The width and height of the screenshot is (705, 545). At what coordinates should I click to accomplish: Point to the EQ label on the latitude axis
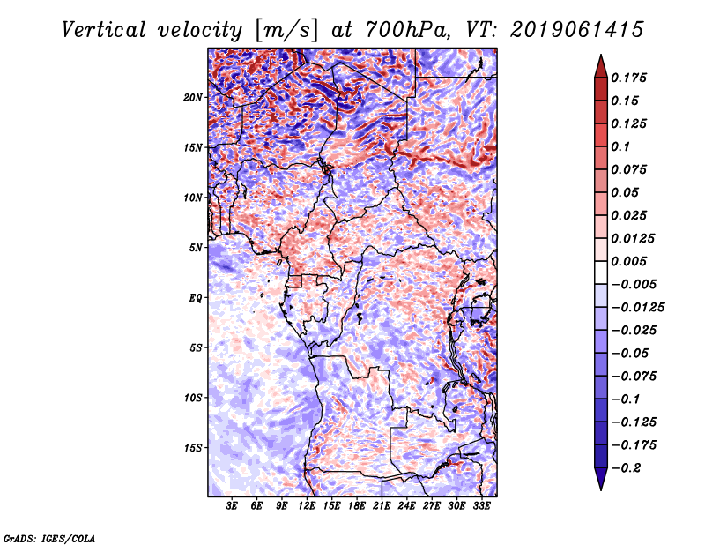(196, 298)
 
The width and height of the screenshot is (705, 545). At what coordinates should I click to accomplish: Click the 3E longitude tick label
(233, 507)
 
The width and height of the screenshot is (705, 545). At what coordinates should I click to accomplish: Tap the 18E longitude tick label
(356, 507)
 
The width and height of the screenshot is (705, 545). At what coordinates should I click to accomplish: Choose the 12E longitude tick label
(307, 507)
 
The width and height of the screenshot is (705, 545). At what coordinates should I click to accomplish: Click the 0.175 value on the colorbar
(631, 78)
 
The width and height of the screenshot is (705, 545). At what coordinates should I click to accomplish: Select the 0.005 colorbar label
(631, 261)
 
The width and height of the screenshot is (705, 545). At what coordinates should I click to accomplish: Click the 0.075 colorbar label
(631, 169)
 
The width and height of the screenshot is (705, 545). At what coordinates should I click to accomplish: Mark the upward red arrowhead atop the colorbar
(600, 64)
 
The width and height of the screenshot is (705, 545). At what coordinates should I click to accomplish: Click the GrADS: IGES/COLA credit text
(49, 537)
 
